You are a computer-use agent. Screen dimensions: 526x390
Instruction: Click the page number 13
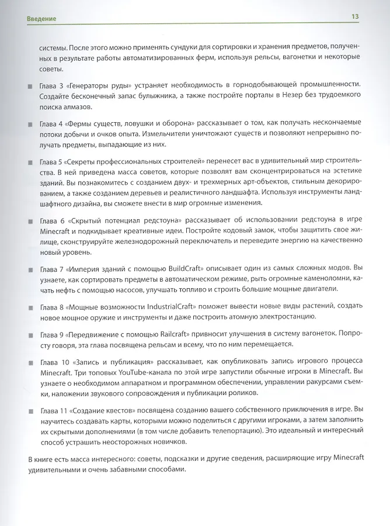pos(354,16)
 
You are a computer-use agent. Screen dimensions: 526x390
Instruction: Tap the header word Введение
pos(41,19)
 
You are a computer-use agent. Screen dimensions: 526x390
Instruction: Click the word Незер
pos(273,95)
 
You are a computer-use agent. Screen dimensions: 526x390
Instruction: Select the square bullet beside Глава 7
pos(30,270)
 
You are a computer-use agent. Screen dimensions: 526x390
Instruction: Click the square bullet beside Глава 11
pos(30,409)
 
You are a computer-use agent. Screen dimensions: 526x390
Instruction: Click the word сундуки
pos(167,46)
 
